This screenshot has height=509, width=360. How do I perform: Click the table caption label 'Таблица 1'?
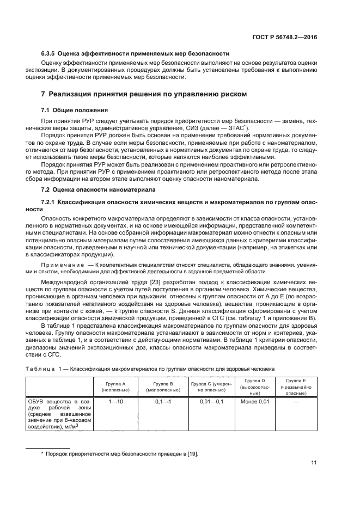click(45, 369)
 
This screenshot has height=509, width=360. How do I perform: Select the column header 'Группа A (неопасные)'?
click(116, 387)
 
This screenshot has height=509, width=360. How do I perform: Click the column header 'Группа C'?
click(211, 387)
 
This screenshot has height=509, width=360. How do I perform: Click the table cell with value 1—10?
click(116, 401)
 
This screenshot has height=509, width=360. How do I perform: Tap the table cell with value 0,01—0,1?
click(211, 401)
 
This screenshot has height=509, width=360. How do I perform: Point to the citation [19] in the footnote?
click(193, 453)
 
